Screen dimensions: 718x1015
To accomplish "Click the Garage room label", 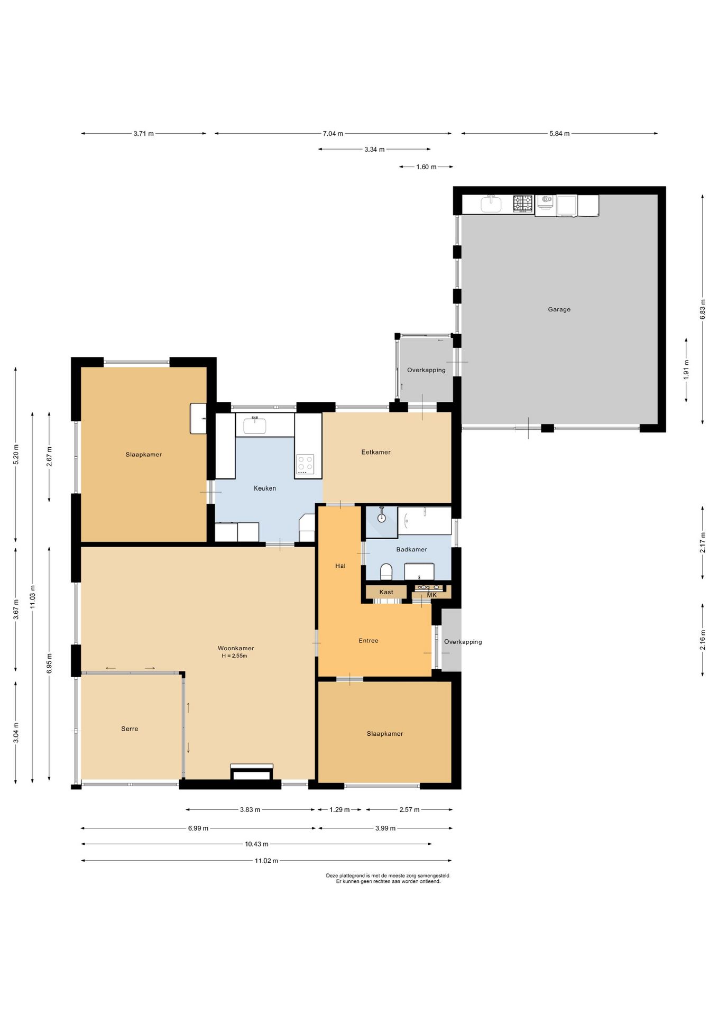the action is pyautogui.click(x=559, y=309).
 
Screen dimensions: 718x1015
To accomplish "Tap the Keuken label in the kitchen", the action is pyautogui.click(x=265, y=488).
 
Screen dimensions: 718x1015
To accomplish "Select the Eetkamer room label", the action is pyautogui.click(x=376, y=452).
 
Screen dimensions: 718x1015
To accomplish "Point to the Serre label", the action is pyautogui.click(x=130, y=728).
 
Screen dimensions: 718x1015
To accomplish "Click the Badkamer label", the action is pyautogui.click(x=412, y=549).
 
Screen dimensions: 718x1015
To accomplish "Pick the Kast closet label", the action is pyautogui.click(x=386, y=592).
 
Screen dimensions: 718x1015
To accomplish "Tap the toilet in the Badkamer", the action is pyautogui.click(x=386, y=571).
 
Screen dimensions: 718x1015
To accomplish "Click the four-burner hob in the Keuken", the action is pyautogui.click(x=305, y=464).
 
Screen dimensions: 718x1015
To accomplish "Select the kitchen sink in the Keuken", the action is pyautogui.click(x=254, y=425).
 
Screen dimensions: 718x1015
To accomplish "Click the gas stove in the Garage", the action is pyautogui.click(x=523, y=204).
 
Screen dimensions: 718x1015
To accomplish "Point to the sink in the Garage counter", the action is pyautogui.click(x=491, y=204).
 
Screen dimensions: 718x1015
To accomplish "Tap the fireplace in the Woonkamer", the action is pyautogui.click(x=252, y=772).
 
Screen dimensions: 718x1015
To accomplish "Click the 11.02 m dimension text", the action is pyautogui.click(x=266, y=861).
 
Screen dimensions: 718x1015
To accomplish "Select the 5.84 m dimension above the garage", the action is pyautogui.click(x=559, y=134).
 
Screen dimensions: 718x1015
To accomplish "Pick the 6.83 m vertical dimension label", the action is pyautogui.click(x=703, y=309).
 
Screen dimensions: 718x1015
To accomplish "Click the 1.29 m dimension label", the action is pyautogui.click(x=339, y=809).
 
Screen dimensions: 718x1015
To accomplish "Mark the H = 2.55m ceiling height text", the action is pyautogui.click(x=234, y=656).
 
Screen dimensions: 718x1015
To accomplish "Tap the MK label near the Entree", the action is pyautogui.click(x=432, y=595).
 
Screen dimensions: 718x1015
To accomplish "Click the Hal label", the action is pyautogui.click(x=340, y=566).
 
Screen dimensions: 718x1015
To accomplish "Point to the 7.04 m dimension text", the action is pyautogui.click(x=333, y=134).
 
